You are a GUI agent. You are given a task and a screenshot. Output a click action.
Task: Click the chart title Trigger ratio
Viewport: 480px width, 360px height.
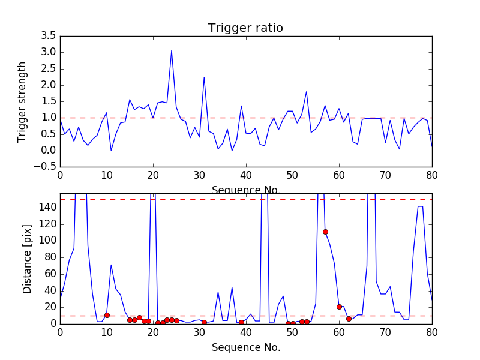(x=245, y=28)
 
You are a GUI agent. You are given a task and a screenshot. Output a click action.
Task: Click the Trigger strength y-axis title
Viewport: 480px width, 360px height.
(x=22, y=102)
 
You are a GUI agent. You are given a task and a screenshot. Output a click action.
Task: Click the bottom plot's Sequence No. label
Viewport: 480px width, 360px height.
(x=245, y=347)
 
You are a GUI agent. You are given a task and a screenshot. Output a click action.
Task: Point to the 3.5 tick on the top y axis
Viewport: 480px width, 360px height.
(x=49, y=36)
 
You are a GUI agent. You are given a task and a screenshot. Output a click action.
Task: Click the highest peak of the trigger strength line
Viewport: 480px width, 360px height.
(x=172, y=50)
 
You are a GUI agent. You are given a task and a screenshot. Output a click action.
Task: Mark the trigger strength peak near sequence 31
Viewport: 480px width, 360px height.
(x=204, y=77)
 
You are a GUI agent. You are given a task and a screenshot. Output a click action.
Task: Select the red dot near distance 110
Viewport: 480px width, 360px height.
(x=325, y=232)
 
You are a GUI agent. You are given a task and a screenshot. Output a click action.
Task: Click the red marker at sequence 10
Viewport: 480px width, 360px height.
(x=107, y=315)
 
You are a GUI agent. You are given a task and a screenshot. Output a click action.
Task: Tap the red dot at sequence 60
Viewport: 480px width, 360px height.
(x=339, y=307)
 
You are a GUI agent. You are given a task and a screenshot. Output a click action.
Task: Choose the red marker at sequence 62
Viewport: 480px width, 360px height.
(x=349, y=319)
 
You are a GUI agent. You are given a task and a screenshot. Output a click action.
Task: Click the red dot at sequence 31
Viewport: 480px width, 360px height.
(x=204, y=322)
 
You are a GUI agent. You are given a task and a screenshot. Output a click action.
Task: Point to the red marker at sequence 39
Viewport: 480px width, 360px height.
(x=241, y=322)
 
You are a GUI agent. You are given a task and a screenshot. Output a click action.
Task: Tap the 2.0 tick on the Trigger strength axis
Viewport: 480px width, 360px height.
(x=49, y=85)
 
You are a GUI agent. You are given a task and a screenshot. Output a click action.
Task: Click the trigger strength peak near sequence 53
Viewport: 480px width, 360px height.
(x=307, y=92)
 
